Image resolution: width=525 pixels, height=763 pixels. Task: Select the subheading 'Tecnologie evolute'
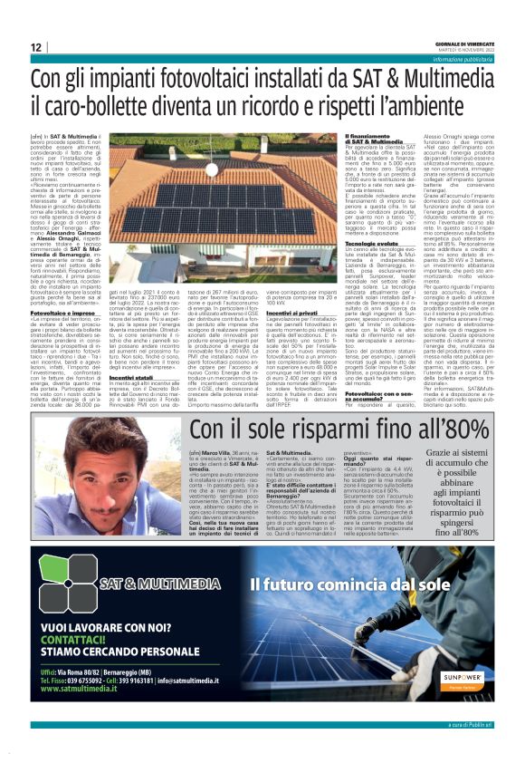click(349, 217)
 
